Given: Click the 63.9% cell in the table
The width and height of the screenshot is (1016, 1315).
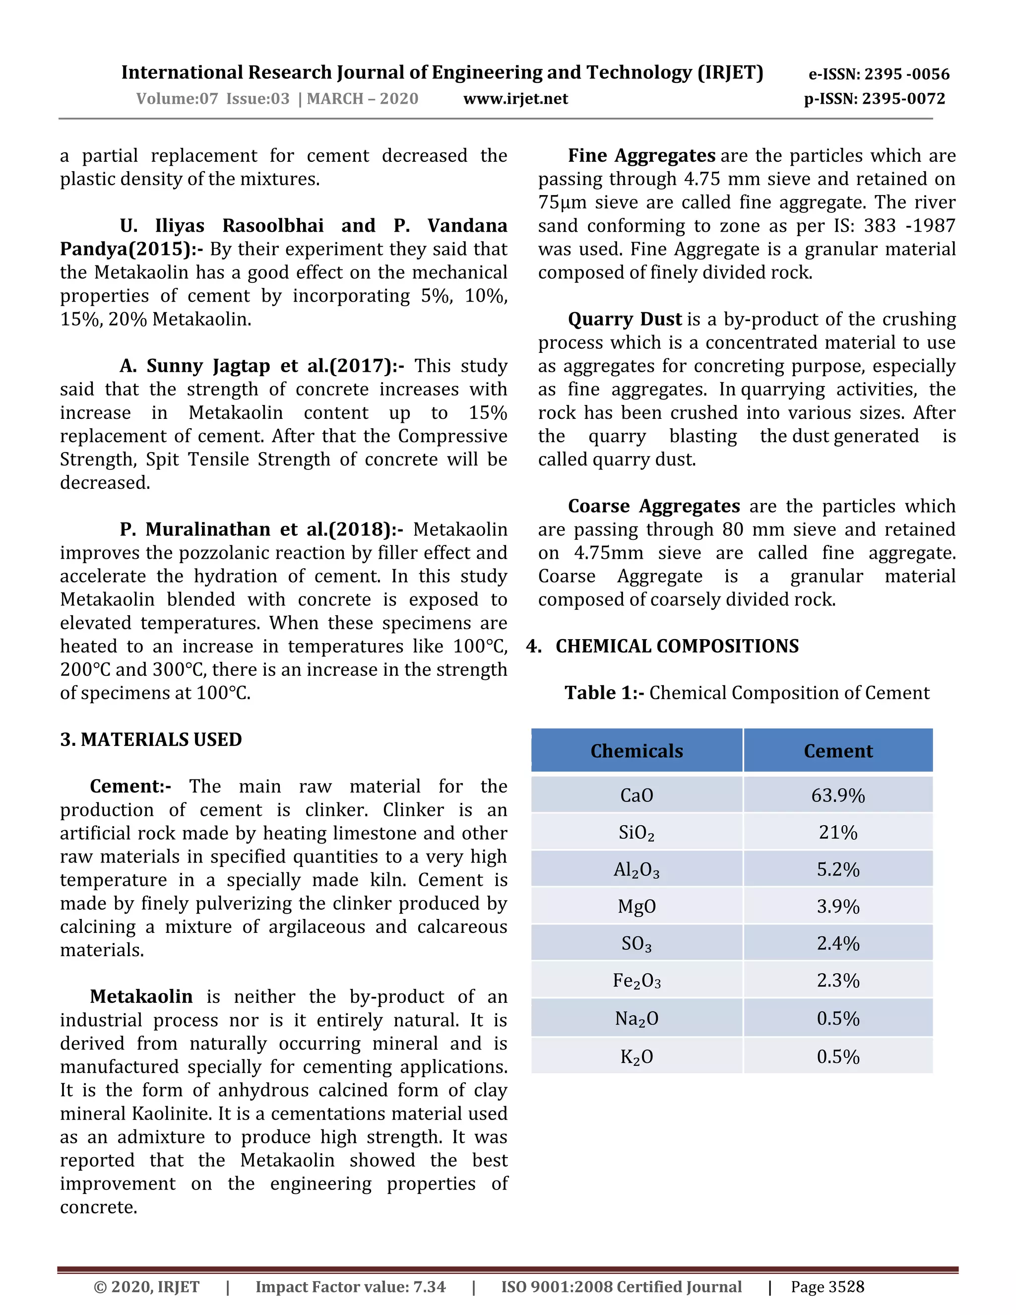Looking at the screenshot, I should coord(837,795).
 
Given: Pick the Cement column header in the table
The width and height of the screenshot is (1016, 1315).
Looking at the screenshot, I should coord(837,751).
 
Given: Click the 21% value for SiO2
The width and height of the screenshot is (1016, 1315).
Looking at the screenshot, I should coord(837,833).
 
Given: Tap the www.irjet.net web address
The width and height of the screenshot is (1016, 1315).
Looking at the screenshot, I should coord(515,99).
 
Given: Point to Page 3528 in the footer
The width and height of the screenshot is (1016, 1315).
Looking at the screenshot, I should coord(827,1287).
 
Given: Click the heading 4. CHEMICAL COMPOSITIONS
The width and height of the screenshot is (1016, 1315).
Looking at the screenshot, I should coord(662,646).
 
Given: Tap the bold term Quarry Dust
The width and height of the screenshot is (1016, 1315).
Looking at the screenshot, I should coord(624,319).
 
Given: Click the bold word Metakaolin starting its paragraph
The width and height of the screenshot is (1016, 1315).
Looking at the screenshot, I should coord(141,996).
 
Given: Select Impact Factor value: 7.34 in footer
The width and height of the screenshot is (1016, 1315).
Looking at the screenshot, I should coord(350,1287).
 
